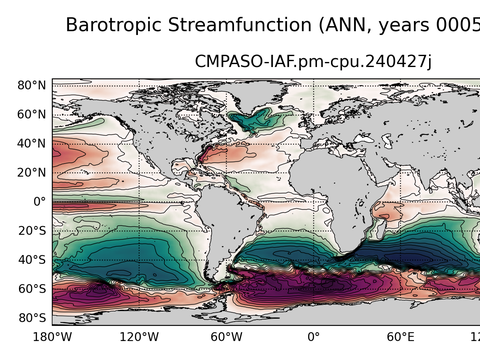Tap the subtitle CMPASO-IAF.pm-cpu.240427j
point(313,63)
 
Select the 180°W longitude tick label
point(52,337)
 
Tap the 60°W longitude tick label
point(226,337)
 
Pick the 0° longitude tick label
point(313,337)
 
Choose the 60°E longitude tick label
point(400,337)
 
